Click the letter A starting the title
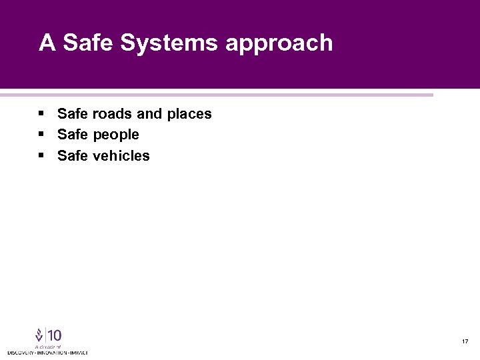46,43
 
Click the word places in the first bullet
189,114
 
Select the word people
116,135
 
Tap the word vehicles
121,156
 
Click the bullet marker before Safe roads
41,114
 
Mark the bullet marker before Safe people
41,135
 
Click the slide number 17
465,342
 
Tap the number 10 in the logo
54,335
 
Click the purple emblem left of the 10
39,335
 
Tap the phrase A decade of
48,347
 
